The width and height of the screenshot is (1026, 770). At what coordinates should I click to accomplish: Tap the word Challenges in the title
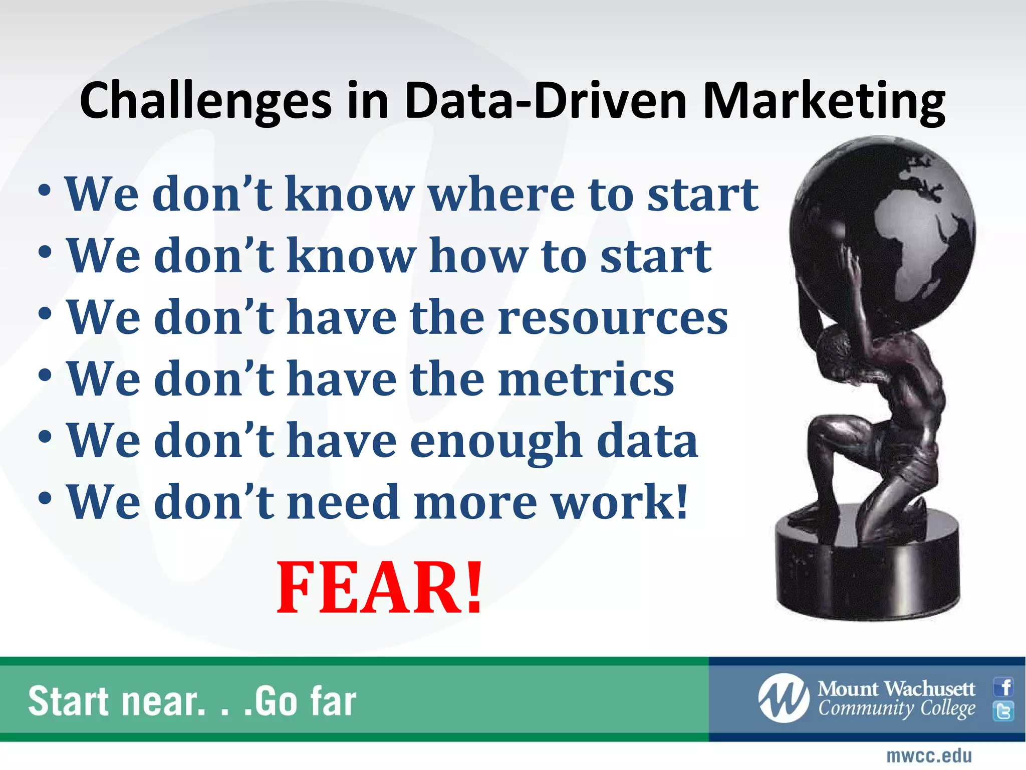[x=205, y=101]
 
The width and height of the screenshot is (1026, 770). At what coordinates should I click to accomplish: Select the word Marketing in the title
[x=824, y=101]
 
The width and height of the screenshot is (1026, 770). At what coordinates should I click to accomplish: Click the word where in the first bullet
[x=501, y=195]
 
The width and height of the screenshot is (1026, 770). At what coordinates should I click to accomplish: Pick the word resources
[x=613, y=318]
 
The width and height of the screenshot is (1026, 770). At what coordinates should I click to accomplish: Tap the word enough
[x=496, y=441]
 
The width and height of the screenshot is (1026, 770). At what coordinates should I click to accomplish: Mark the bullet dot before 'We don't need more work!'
[x=45, y=498]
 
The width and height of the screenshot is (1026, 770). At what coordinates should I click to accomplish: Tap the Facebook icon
[x=1003, y=687]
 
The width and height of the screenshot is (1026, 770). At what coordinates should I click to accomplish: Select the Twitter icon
[x=1003, y=711]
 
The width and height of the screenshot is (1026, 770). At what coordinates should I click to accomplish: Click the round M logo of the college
[x=783, y=698]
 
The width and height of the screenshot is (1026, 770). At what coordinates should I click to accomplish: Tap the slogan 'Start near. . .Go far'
[x=192, y=701]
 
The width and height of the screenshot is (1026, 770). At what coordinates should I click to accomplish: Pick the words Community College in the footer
[x=897, y=709]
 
